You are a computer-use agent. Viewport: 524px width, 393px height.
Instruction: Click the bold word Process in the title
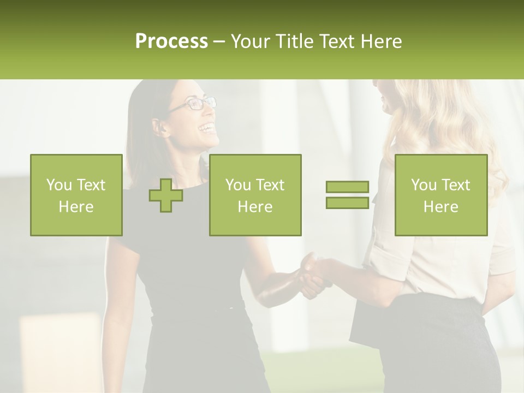(x=171, y=41)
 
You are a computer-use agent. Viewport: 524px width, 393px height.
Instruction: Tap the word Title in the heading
(x=296, y=41)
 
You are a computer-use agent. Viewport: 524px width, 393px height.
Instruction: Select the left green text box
(x=76, y=195)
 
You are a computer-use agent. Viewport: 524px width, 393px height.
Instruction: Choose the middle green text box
(x=255, y=195)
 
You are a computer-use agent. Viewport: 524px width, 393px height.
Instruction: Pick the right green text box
(x=441, y=195)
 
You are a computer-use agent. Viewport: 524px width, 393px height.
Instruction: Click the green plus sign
(x=166, y=195)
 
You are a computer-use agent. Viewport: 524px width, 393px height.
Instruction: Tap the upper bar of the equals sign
(x=347, y=187)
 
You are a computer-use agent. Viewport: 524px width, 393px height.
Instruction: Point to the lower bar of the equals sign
(x=347, y=203)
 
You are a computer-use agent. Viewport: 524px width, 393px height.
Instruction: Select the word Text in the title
(x=336, y=41)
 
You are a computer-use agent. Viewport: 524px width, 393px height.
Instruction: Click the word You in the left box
(x=58, y=185)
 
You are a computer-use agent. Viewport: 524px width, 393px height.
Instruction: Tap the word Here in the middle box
(x=255, y=207)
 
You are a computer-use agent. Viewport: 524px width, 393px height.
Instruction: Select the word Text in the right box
(x=455, y=185)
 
